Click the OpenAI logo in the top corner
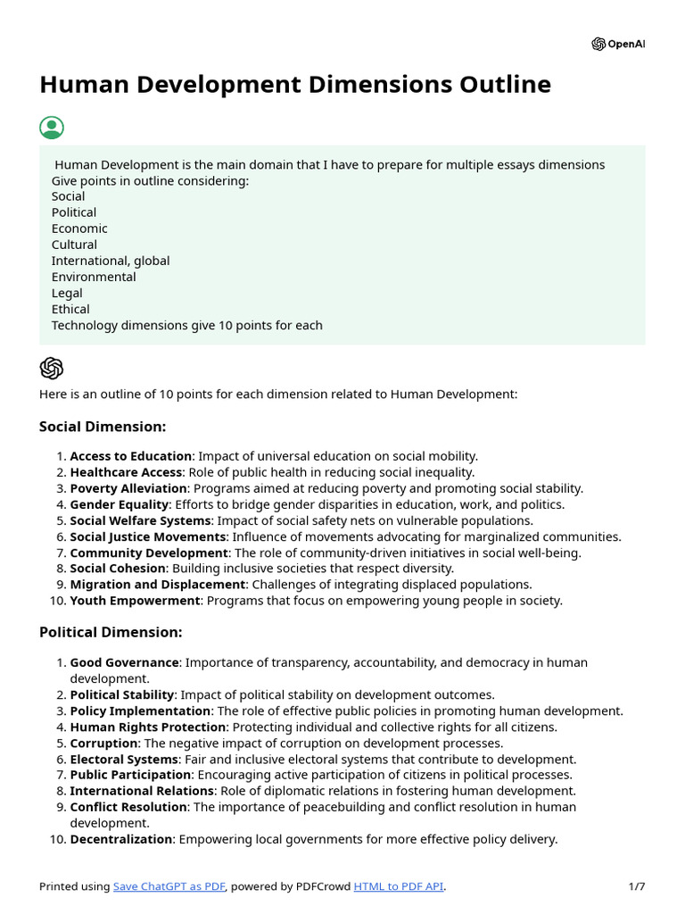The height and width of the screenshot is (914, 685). click(x=617, y=44)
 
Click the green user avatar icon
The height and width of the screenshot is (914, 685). click(x=52, y=127)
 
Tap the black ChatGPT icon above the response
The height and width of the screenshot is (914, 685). click(x=52, y=368)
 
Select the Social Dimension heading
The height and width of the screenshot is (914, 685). click(x=103, y=427)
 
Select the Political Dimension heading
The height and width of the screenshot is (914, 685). click(x=111, y=632)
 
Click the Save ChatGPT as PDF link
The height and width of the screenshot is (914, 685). click(x=169, y=886)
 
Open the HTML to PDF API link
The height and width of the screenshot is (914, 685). click(x=399, y=886)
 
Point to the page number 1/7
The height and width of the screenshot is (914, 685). click(x=636, y=886)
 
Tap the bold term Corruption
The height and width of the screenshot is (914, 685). click(x=103, y=743)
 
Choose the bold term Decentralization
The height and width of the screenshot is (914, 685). click(x=120, y=839)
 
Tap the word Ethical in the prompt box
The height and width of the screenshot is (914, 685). click(x=70, y=309)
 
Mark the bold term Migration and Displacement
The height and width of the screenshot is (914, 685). click(x=157, y=585)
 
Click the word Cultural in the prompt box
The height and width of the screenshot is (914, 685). click(x=74, y=245)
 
